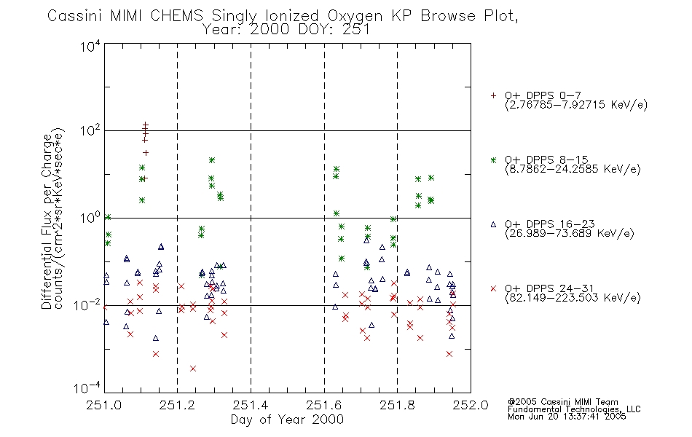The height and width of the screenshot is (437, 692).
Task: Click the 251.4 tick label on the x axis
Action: click(251, 405)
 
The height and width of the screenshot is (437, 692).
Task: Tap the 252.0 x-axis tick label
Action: click(471, 405)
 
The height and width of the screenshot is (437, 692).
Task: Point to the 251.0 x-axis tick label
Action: click(104, 405)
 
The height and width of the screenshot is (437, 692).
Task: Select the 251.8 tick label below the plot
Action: click(397, 405)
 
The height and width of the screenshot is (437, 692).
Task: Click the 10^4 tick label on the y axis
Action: click(90, 46)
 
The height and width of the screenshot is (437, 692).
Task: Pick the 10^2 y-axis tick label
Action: click(90, 130)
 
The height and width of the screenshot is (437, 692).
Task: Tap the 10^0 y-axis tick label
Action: click(90, 218)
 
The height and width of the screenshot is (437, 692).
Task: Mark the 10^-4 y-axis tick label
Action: click(87, 388)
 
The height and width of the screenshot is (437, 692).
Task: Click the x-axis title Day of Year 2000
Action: click(287, 420)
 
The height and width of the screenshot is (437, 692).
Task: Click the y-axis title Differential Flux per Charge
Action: click(47, 221)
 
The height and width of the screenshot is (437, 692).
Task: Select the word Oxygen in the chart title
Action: click(355, 16)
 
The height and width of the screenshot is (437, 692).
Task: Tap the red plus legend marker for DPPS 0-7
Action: click(493, 95)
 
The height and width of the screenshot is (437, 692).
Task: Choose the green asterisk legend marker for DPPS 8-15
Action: click(493, 160)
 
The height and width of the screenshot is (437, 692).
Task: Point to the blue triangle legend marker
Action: click(493, 224)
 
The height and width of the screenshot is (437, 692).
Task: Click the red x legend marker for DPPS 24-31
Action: click(493, 288)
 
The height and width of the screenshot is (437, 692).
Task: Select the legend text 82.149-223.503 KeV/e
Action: click(573, 298)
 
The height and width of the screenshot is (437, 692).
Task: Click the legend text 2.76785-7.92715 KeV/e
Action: click(576, 105)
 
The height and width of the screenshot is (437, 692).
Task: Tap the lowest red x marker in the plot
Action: click(193, 368)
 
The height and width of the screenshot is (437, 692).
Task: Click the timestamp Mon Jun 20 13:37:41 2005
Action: click(567, 417)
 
